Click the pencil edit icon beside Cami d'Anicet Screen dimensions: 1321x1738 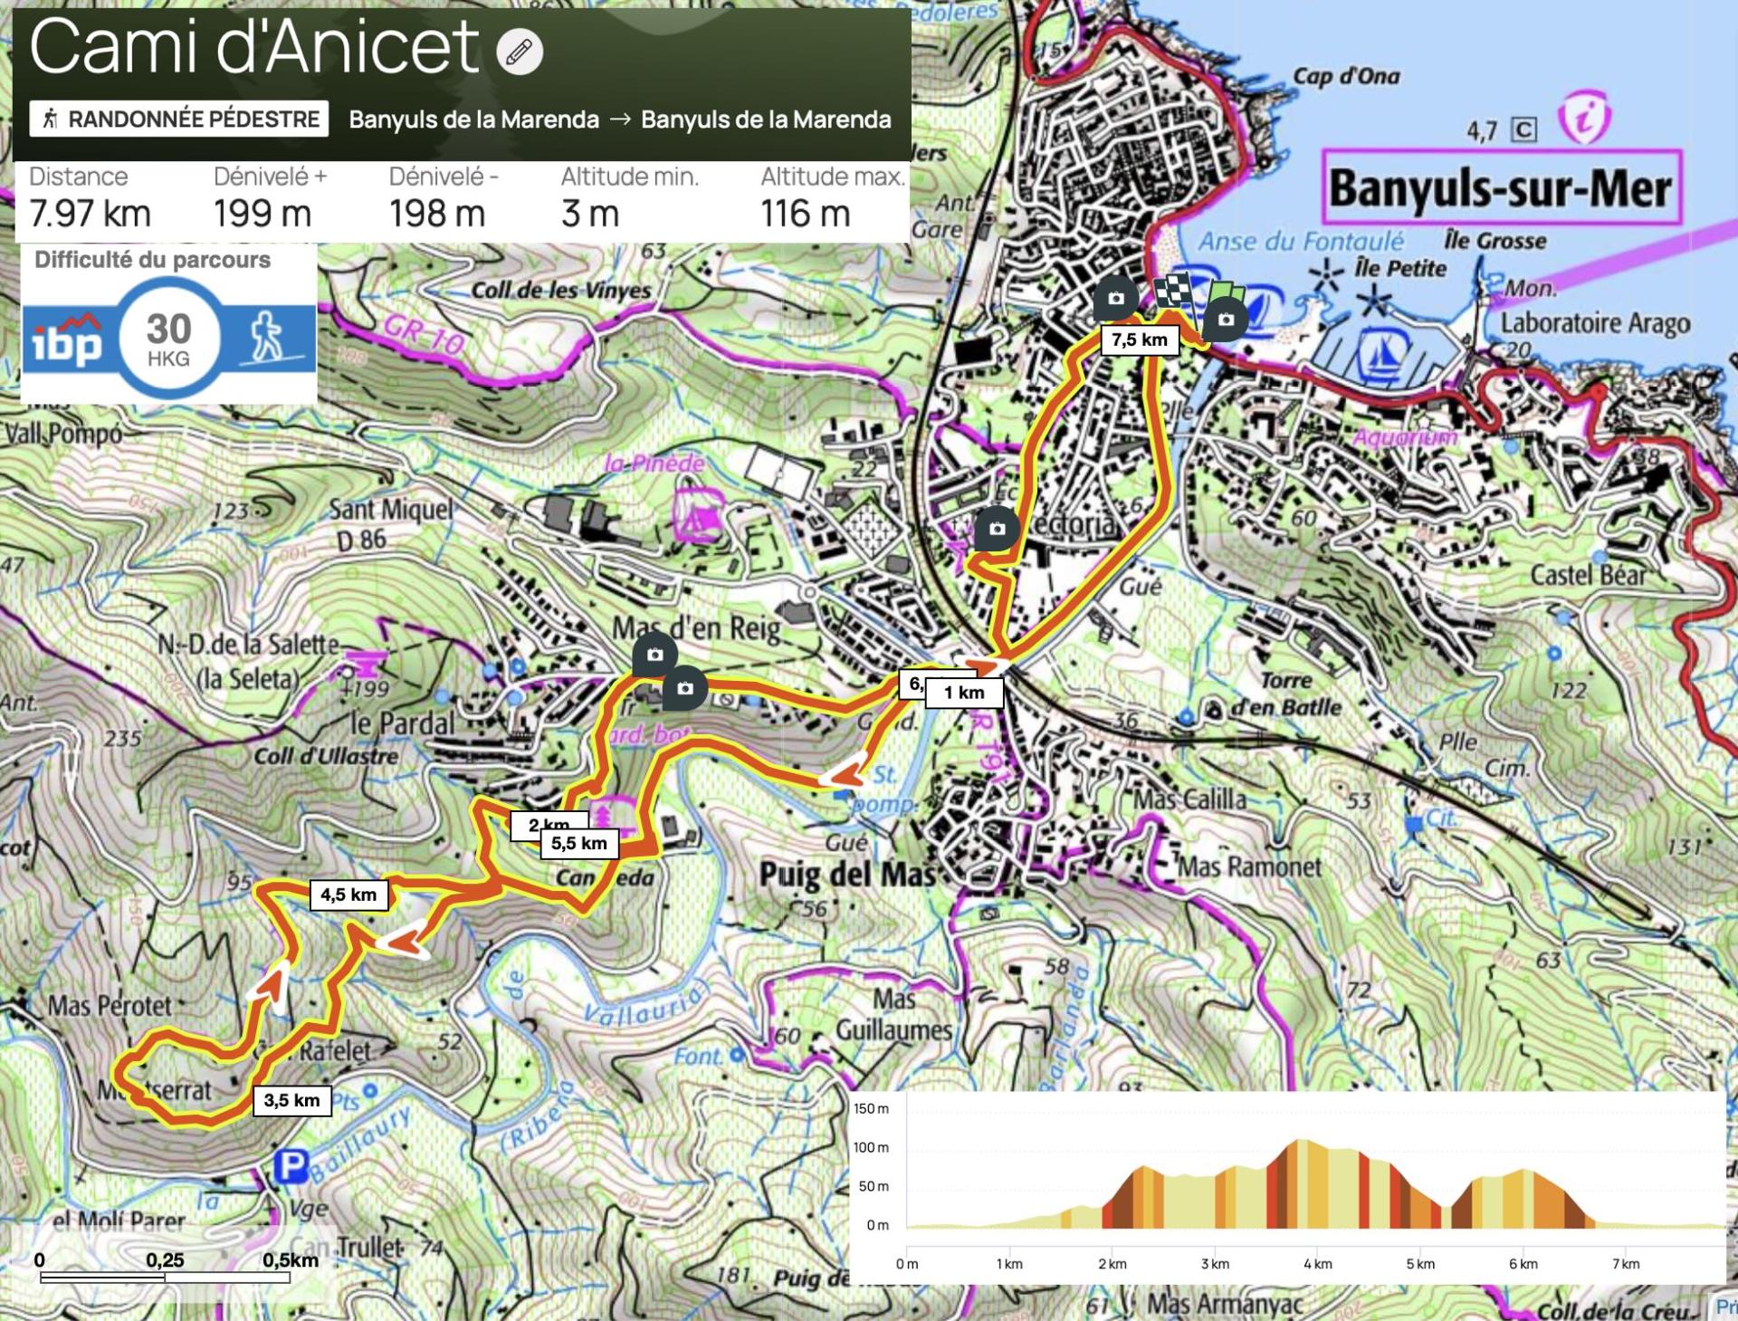(520, 52)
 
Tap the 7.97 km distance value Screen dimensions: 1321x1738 (90, 214)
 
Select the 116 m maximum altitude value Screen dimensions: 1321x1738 (805, 214)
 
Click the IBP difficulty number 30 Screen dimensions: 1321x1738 (168, 330)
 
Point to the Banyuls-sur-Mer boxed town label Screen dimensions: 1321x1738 (1501, 188)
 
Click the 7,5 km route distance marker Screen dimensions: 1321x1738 (1139, 340)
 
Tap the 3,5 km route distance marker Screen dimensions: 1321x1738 (291, 1100)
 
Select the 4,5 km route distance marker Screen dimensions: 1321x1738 (349, 895)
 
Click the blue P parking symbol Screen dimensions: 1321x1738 (291, 1166)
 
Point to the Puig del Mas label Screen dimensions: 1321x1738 (847, 874)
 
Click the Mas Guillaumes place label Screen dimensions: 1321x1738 (893, 1015)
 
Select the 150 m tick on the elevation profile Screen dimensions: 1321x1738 (871, 1108)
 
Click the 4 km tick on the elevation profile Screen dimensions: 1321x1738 (1317, 1264)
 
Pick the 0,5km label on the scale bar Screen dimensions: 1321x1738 (291, 1259)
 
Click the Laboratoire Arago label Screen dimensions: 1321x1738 (1595, 323)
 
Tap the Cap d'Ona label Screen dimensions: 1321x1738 (1345, 76)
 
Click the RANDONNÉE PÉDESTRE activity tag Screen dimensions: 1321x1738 (179, 119)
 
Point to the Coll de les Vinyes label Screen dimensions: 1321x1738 (560, 291)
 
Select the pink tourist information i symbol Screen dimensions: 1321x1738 (1584, 119)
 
